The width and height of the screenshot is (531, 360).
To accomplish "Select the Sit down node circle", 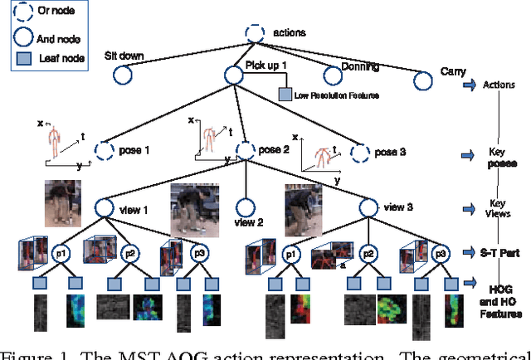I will pos(122,75).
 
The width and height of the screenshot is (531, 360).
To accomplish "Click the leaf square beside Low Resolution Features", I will pos(285,95).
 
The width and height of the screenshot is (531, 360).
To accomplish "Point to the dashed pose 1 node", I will pos(105,151).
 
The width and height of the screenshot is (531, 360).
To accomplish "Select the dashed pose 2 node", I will pos(245,152).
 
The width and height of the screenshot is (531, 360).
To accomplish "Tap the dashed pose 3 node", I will pos(359,153).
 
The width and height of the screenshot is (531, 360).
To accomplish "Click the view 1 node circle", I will pos(105,208).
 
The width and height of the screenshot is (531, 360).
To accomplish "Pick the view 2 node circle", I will pos(245,208).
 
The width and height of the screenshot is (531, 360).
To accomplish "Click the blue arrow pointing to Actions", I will pos(470,84).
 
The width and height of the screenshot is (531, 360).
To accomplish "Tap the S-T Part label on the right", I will pos(500,252).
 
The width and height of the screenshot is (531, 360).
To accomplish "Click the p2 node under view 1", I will pos(129,253).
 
